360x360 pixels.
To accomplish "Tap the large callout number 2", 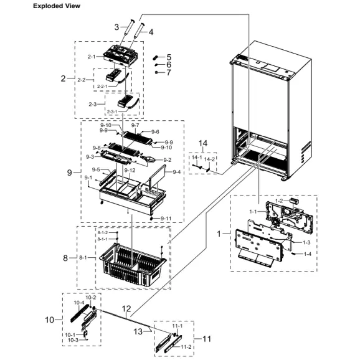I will point(64,78).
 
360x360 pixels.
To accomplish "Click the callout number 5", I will point(168,57).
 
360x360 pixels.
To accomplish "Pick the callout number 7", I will point(168,73).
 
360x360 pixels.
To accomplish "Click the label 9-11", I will point(166,218).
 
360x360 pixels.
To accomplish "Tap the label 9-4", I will point(176,172).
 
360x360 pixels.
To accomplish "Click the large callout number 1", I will point(219,234).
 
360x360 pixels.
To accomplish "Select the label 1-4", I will point(307,254).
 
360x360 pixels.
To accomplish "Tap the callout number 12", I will point(126,308).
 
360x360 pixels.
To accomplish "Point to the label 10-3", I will point(73,340).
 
